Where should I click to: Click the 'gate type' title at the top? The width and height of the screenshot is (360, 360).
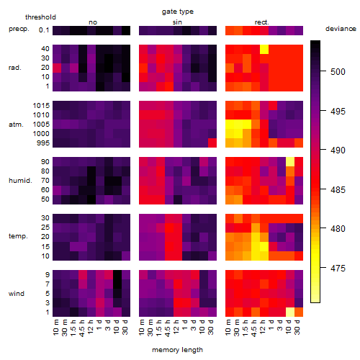coord(178,12)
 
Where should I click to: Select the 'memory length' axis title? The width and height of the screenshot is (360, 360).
coord(177,350)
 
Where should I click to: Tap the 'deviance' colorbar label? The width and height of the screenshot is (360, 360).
coord(341,29)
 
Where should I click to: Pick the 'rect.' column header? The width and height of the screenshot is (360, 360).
coord(261,22)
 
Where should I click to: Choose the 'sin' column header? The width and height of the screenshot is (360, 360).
coord(177,22)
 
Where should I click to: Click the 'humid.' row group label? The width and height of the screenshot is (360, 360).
coord(20,181)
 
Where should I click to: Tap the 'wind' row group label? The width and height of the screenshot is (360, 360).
coord(17,294)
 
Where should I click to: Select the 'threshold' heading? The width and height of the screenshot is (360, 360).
coord(40,17)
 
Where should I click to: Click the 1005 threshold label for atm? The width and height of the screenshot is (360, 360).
coord(41,125)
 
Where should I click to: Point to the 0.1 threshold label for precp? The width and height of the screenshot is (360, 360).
coord(44,30)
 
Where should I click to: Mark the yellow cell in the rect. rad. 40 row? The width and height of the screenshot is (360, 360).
coord(264,49)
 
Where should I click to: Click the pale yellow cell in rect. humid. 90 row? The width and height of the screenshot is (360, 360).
coord(290,162)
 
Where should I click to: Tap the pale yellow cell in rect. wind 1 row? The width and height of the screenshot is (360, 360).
coord(290,312)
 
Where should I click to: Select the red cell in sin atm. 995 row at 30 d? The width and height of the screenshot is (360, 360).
coord(212,143)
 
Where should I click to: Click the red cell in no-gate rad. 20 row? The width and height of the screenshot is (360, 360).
coord(57,68)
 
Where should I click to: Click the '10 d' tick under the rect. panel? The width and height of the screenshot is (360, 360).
coord(289,327)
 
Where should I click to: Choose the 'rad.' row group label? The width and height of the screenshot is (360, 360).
coord(15,68)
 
